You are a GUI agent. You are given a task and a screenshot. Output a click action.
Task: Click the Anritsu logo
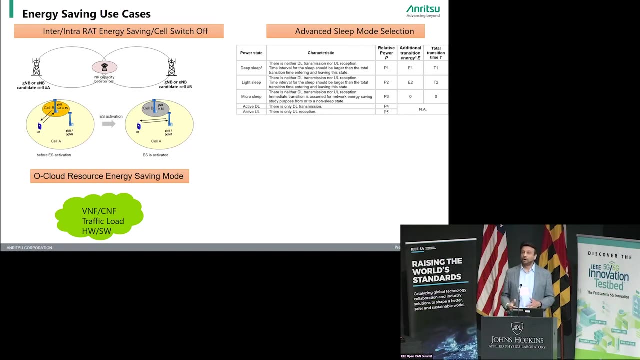[423, 9]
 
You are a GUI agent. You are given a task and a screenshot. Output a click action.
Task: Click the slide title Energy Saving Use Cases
[86, 14]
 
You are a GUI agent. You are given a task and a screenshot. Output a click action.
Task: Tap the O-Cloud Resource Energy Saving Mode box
[109, 176]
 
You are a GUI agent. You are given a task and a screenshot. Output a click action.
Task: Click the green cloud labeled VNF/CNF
[100, 216]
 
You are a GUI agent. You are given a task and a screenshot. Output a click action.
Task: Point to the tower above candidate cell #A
[36, 67]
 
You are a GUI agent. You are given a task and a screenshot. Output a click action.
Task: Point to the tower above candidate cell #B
[172, 67]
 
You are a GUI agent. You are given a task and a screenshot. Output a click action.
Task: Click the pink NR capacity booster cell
[104, 67]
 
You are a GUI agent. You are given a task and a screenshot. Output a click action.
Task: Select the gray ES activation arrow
[108, 123]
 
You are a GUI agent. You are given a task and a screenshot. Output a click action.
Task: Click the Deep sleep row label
[251, 68]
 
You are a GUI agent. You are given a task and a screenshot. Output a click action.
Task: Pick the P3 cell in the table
[386, 96]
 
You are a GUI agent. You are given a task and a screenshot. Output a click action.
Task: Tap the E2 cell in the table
[410, 82]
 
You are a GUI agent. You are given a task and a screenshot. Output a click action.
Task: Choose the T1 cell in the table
[436, 68]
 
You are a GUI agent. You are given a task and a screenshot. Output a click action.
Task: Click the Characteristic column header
[321, 53]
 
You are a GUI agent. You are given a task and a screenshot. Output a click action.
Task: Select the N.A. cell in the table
[422, 109]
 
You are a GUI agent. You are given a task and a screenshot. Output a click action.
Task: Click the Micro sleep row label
[251, 96]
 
